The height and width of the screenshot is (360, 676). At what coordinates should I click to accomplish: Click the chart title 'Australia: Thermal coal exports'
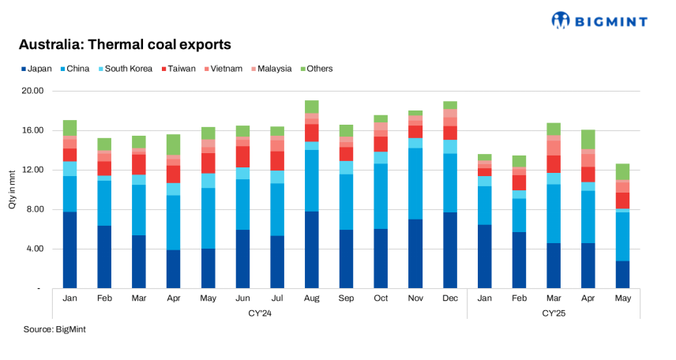tap(125, 44)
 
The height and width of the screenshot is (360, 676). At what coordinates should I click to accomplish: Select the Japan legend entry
tap(36, 69)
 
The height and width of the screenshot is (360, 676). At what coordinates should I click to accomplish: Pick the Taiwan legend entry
tap(179, 69)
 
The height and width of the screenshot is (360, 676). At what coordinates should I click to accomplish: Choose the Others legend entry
tap(316, 69)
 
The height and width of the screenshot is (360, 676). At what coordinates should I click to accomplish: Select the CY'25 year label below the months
tap(553, 313)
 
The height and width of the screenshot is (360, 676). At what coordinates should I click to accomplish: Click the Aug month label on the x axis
tap(311, 298)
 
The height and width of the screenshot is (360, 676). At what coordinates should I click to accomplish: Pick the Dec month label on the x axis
tap(449, 298)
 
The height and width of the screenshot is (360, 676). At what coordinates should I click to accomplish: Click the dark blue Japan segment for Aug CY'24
tap(311, 249)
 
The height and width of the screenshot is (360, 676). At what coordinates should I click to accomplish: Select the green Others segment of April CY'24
tap(174, 144)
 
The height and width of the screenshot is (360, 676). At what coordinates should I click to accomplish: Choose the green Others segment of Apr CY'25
tap(588, 140)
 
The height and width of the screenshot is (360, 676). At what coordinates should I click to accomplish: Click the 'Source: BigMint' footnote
tap(54, 329)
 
